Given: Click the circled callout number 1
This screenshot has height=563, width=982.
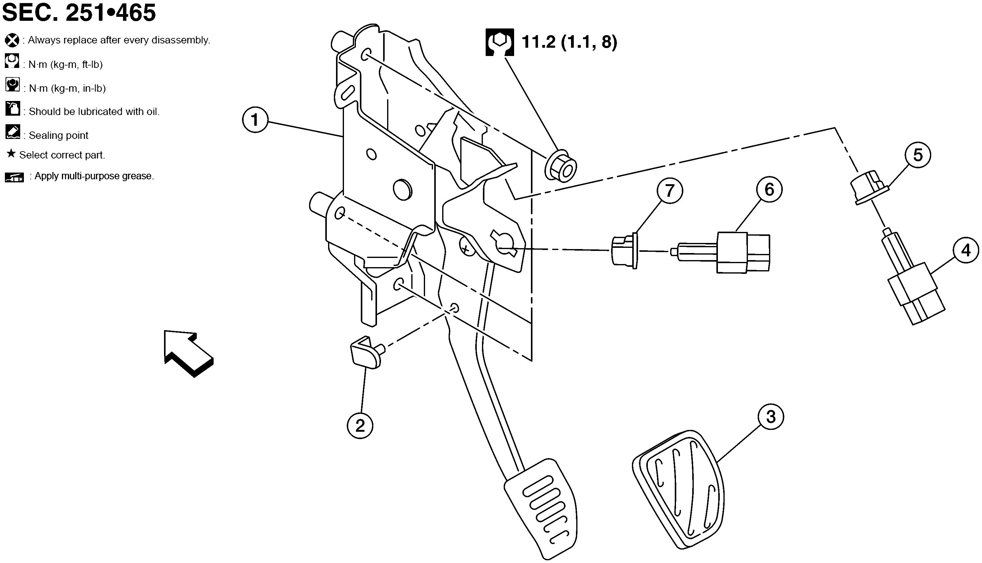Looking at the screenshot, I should tap(255, 120).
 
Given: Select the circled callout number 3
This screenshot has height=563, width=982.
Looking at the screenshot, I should tap(771, 417).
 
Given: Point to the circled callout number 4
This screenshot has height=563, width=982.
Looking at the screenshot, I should tap(966, 250).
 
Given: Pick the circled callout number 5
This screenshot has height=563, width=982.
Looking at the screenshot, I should tap(917, 155).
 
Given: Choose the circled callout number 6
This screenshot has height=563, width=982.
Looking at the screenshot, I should tap(769, 189).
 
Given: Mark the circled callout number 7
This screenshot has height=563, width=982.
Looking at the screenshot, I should tap(670, 190).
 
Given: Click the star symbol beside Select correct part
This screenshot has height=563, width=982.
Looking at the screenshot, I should tap(11, 154).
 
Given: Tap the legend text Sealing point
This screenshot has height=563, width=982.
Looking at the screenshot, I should tap(58, 135).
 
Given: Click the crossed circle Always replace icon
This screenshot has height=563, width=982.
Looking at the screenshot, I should tap(12, 40).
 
